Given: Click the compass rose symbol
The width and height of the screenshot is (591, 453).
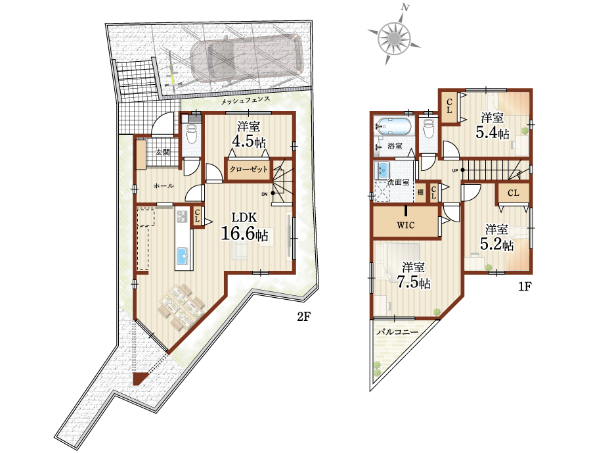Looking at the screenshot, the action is (x=394, y=38).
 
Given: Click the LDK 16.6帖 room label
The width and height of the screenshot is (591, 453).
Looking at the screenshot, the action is (x=244, y=226).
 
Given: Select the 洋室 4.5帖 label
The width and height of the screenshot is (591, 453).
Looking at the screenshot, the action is (x=248, y=135).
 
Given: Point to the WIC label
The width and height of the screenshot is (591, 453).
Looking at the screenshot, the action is (x=406, y=226).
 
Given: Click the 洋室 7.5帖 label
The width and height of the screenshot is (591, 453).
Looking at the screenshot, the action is (x=413, y=275).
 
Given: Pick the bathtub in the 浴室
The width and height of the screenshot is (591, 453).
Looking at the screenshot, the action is (x=394, y=126).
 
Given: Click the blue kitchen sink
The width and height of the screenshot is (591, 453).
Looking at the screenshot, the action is (x=183, y=256).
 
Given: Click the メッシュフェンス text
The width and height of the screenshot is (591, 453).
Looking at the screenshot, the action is (x=245, y=101).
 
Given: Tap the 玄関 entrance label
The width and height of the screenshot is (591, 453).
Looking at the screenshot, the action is (x=162, y=152).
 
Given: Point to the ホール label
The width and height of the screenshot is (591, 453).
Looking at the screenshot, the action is (x=164, y=185).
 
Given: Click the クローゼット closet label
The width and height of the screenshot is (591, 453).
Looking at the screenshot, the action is (x=249, y=169).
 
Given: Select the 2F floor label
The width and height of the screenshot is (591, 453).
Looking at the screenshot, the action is (x=303, y=316).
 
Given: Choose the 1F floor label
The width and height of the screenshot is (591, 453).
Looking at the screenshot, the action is (x=525, y=287).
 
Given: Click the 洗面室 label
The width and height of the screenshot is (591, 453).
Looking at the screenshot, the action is (x=399, y=182).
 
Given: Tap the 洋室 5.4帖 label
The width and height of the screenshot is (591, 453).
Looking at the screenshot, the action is (x=492, y=126).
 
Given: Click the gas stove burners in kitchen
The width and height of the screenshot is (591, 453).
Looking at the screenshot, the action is (x=183, y=216).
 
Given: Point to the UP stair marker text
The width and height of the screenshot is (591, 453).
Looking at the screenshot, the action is (x=455, y=171).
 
